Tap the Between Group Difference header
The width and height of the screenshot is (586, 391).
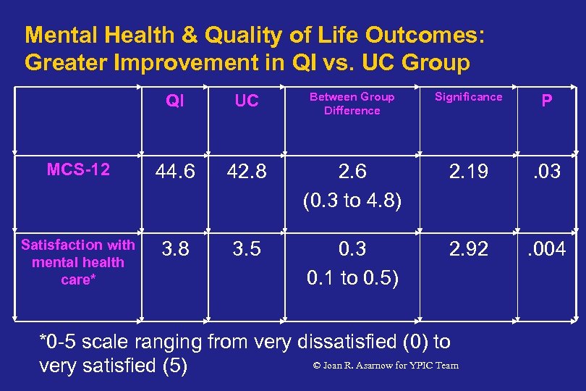(x=352, y=104)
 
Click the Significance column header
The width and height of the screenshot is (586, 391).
(x=468, y=97)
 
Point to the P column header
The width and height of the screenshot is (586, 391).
(x=547, y=101)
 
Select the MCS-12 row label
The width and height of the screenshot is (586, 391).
(x=78, y=169)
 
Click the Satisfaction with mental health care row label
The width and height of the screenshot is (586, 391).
(x=78, y=262)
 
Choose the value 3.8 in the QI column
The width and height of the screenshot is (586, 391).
(x=174, y=250)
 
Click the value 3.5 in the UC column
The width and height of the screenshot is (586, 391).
(x=246, y=250)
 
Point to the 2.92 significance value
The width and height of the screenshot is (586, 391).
(x=468, y=250)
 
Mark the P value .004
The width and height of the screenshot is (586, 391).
(x=547, y=250)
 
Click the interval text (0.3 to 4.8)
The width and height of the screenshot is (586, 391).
(x=352, y=201)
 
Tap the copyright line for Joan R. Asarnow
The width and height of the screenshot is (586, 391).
(x=385, y=365)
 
